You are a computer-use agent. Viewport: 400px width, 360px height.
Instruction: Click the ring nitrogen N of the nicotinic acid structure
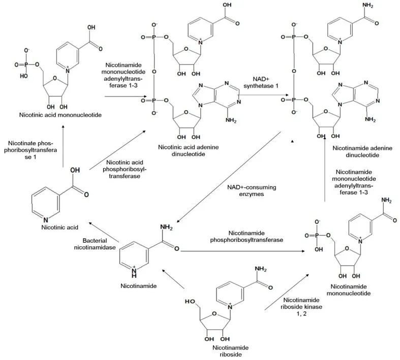[45, 220]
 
